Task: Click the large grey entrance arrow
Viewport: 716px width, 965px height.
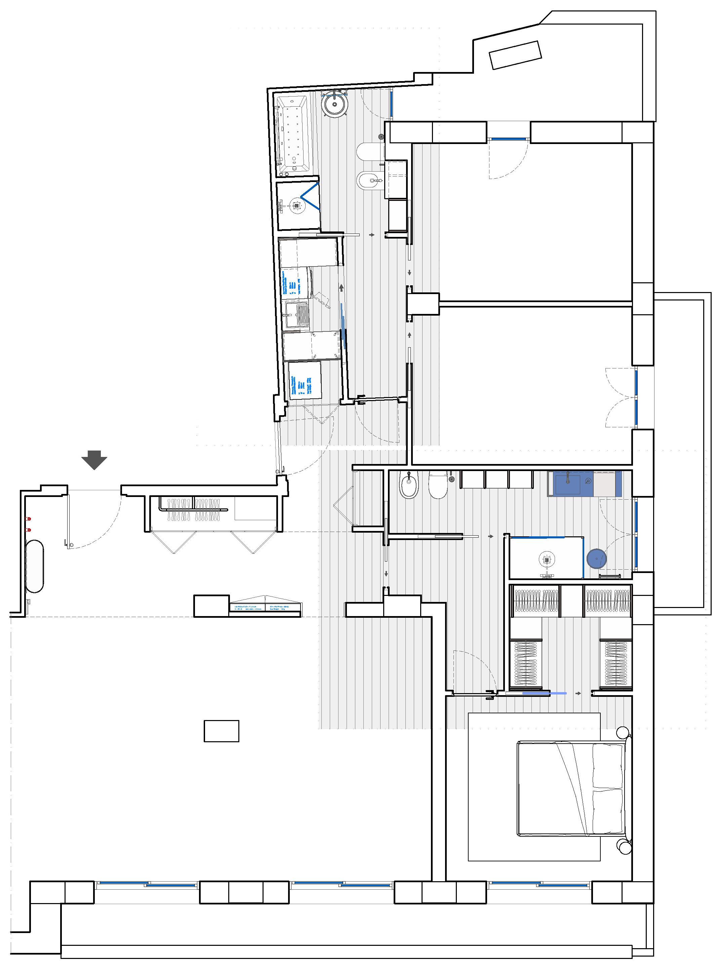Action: coord(94,459)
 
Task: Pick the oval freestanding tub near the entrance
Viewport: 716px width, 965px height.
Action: coord(34,566)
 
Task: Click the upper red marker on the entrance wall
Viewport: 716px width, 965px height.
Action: coord(29,519)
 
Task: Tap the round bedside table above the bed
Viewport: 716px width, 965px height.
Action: coord(623,732)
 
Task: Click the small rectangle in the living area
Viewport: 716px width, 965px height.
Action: coord(222,731)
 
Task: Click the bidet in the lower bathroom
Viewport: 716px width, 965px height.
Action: coord(408,485)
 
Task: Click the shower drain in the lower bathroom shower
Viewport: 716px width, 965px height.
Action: coord(547,560)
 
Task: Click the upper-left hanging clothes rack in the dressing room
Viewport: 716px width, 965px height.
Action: coord(536,601)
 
